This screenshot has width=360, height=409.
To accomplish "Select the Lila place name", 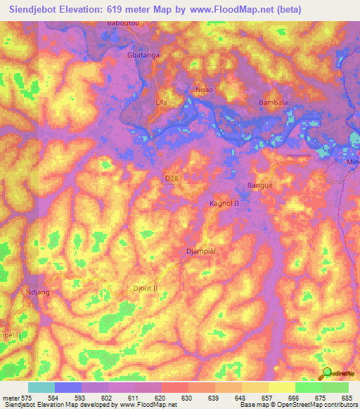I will [161, 102].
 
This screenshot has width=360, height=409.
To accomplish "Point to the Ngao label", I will [202, 90].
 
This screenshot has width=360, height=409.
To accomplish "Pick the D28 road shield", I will [172, 180].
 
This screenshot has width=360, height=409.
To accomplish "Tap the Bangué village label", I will [259, 186].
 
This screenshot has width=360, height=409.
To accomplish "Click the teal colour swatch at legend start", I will [41, 387].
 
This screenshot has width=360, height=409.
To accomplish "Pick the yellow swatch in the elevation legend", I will [281, 387].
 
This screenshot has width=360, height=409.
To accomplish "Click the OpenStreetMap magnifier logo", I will [327, 372].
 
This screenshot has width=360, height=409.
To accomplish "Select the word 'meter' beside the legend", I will [11, 398].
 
